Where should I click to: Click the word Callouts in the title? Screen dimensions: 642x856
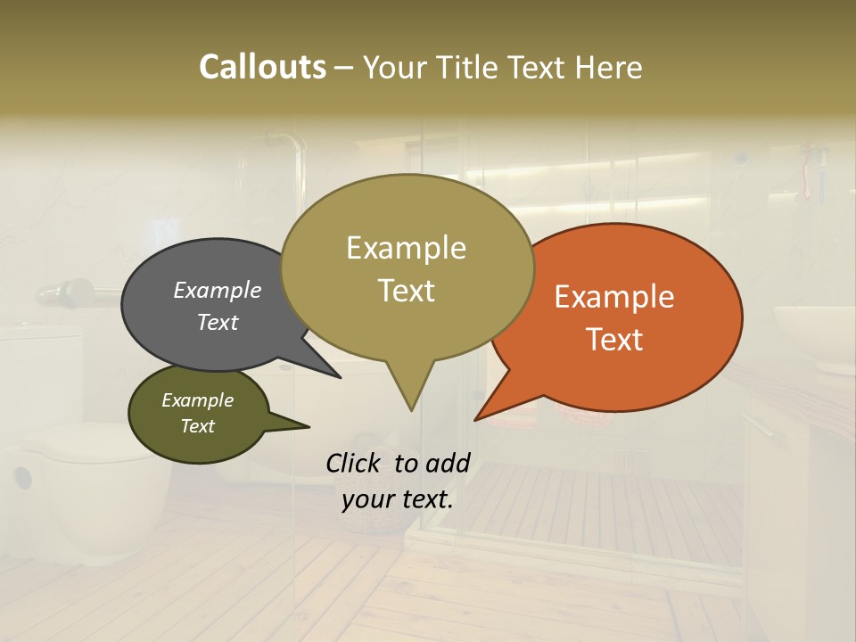tap(262, 67)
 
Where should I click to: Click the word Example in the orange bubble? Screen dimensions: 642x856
tap(614, 297)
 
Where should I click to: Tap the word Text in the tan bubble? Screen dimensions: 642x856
tap(407, 291)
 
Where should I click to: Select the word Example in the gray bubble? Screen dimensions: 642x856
tap(218, 290)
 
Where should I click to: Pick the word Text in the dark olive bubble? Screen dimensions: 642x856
tap(198, 426)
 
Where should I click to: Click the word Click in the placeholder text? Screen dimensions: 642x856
tap(354, 463)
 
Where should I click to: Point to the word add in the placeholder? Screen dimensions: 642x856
tap(448, 463)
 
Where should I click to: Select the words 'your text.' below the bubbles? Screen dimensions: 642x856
tap(398, 499)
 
